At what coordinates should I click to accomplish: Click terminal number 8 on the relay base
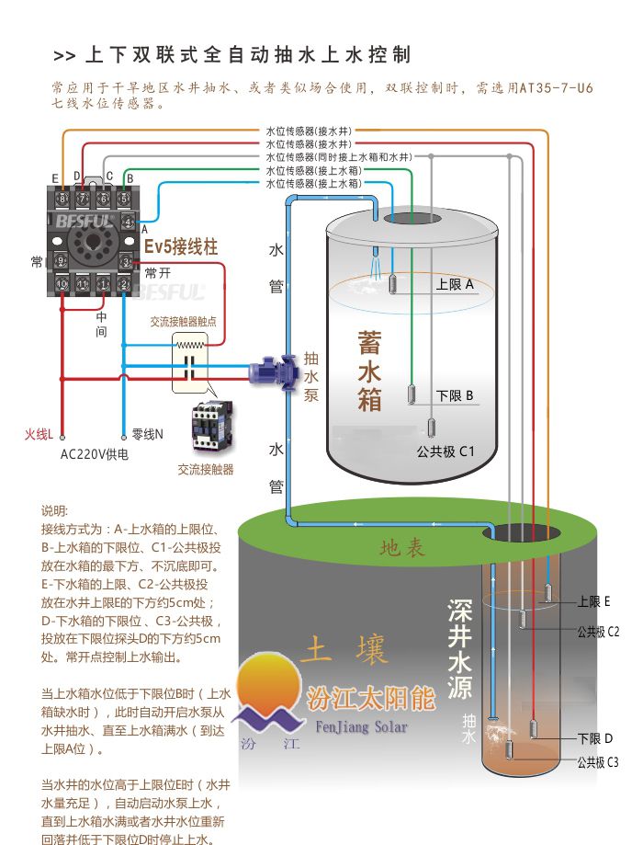tap(62, 198)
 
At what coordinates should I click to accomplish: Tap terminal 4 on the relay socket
tap(126, 223)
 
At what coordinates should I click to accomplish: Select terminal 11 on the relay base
tap(83, 285)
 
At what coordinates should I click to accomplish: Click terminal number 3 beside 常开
tap(126, 262)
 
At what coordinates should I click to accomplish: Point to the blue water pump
tap(270, 368)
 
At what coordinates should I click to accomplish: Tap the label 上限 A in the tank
tap(455, 284)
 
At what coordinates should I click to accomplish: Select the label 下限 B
tap(455, 395)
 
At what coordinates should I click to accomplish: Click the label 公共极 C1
tap(445, 451)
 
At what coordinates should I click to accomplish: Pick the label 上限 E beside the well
tap(593, 601)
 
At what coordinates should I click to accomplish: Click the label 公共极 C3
tap(598, 761)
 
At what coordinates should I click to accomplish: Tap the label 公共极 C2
tap(598, 632)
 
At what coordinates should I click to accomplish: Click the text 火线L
tap(39, 434)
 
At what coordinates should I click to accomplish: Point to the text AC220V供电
tap(95, 454)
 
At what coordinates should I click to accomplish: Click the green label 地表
tap(403, 549)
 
